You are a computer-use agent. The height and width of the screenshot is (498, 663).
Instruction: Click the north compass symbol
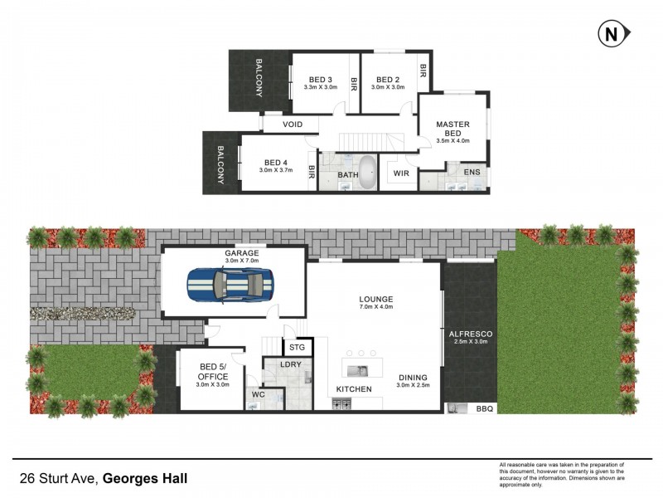[611, 34]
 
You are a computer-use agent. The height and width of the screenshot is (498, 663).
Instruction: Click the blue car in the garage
[230, 285]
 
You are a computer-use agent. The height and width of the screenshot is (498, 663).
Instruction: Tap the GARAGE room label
[241, 253]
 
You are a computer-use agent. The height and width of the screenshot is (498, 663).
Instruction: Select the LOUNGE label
[375, 299]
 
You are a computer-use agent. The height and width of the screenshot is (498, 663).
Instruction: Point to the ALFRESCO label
[470, 333]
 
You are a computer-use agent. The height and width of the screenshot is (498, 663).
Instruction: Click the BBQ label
[483, 409]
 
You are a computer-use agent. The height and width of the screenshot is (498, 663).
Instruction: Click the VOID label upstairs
[293, 124]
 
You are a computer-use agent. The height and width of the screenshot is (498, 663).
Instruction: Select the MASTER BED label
[452, 129]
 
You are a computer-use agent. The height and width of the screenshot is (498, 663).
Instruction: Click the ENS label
[472, 173]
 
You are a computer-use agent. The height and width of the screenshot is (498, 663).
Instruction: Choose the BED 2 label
[388, 80]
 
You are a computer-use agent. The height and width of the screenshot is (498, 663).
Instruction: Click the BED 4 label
[276, 163]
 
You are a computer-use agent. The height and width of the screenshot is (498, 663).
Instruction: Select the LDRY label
[291, 366]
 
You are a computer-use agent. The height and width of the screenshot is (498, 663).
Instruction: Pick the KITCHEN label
[354, 389]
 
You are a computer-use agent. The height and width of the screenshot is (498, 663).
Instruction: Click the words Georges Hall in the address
[150, 478]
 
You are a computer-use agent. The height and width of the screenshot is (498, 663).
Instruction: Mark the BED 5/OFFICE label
[213, 371]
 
